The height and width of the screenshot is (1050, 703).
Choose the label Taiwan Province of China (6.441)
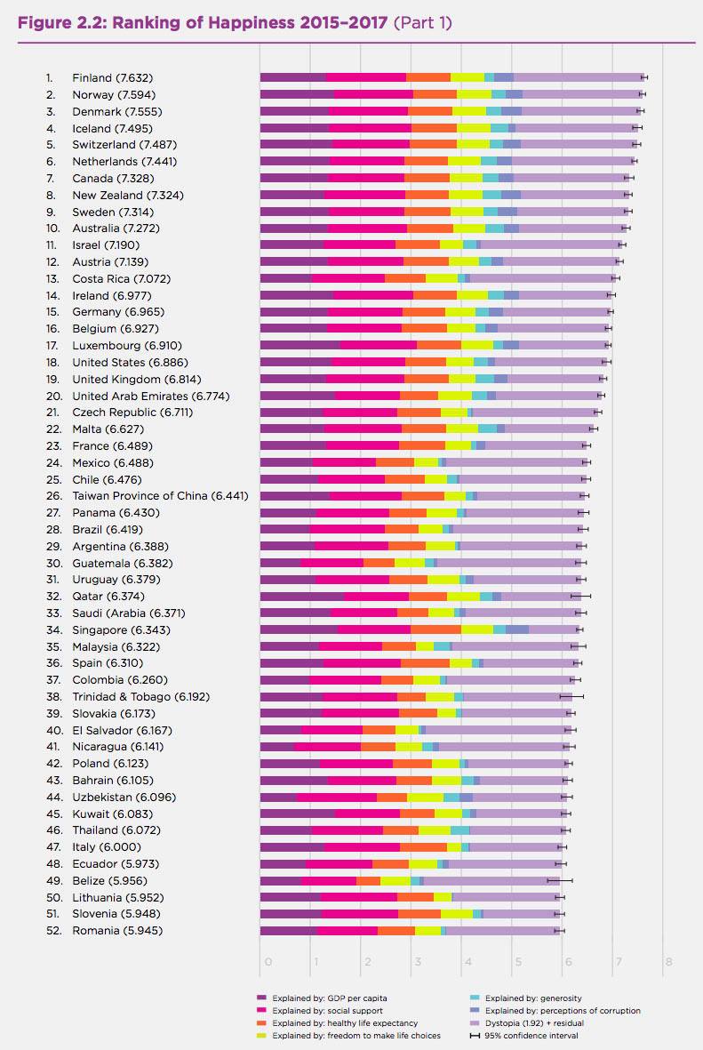[160, 495]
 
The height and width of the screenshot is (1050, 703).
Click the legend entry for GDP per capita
[328, 998]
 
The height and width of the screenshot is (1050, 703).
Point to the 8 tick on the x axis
[667, 961]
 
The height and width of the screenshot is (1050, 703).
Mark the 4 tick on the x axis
[464, 961]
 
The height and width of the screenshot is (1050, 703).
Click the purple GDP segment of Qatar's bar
[301, 596]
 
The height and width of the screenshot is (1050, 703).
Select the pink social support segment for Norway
[373, 94]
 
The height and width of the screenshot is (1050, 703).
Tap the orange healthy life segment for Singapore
[435, 629]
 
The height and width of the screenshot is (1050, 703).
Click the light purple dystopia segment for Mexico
[515, 462]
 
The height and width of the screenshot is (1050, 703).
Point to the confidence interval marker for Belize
[560, 880]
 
